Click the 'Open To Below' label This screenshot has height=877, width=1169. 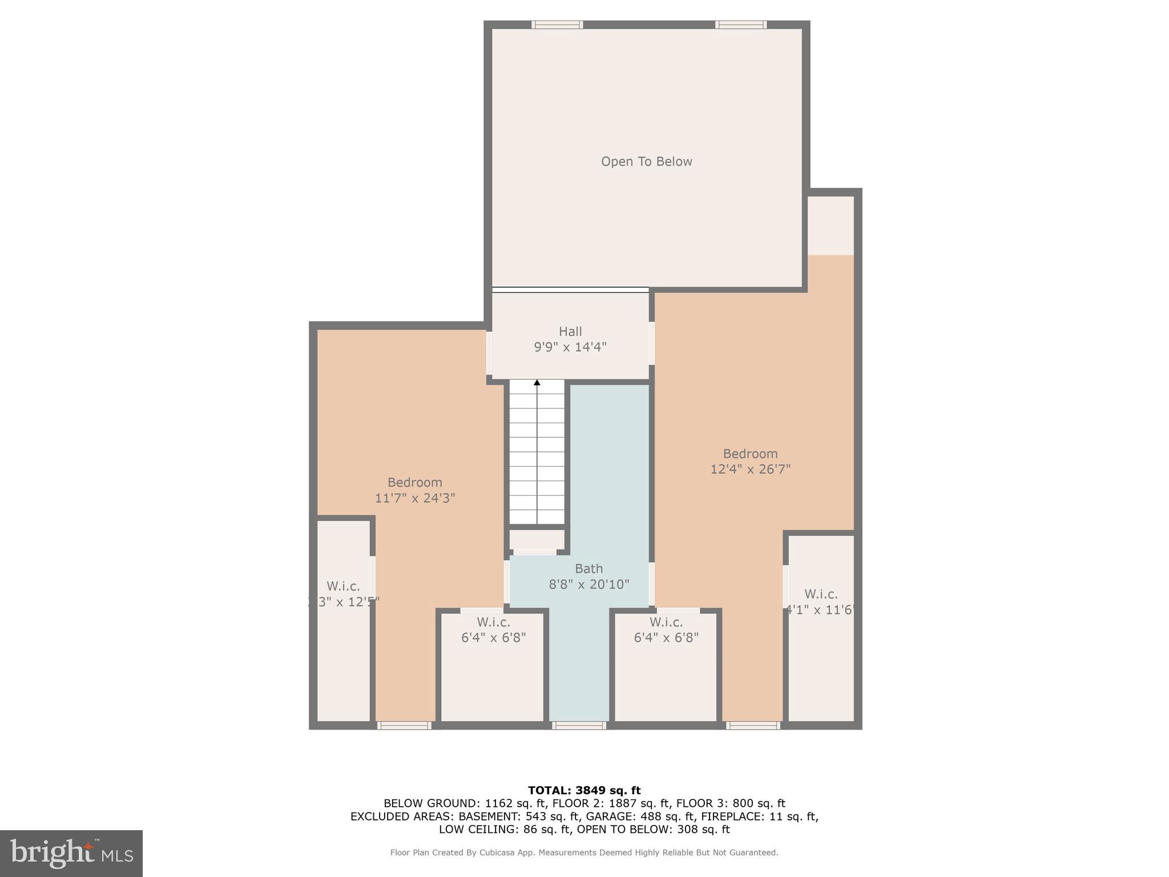coord(646,162)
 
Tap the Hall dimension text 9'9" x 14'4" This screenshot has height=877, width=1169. coord(570,347)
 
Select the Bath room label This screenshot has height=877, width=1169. coord(588,569)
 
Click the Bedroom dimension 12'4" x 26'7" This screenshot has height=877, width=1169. coord(750,469)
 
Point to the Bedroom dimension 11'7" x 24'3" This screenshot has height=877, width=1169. coord(414,498)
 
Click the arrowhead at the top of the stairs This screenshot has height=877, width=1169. coord(537,383)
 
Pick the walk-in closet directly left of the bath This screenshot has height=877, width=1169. coord(493,665)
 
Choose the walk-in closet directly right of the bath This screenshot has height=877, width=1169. coord(666,665)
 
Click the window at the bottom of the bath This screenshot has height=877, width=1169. coord(579,726)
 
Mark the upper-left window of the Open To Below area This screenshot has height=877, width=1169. coord(557,25)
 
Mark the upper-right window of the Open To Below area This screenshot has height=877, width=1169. coord(740,25)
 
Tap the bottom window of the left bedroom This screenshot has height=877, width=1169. coord(404,726)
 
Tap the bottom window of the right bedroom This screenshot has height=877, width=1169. coord(753,726)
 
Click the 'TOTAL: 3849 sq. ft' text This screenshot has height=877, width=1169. coord(584,790)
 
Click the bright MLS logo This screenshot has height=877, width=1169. coord(71,853)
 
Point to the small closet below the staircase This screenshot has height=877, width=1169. coord(536,540)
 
